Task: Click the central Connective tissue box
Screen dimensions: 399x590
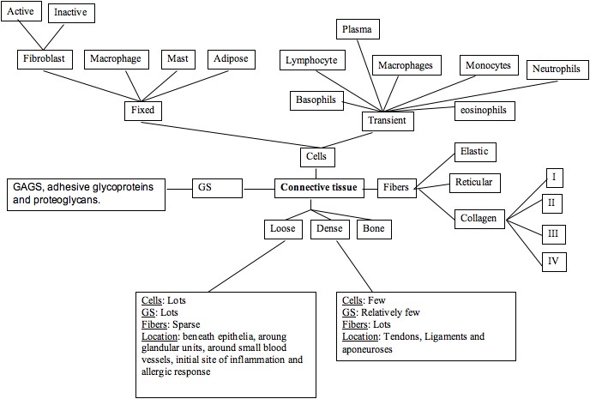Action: point(316,186)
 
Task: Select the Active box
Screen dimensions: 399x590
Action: point(22,13)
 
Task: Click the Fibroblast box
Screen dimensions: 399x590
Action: point(45,60)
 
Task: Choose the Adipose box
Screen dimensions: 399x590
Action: point(231,60)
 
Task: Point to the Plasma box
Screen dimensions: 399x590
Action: point(357,30)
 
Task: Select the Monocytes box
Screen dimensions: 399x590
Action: point(488,65)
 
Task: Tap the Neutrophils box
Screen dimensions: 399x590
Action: point(556,68)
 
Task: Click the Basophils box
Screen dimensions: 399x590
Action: point(316,100)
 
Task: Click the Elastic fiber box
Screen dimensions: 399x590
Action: point(473,152)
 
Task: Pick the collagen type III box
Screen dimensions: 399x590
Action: point(554,233)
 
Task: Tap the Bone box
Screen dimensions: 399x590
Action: point(375,229)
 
